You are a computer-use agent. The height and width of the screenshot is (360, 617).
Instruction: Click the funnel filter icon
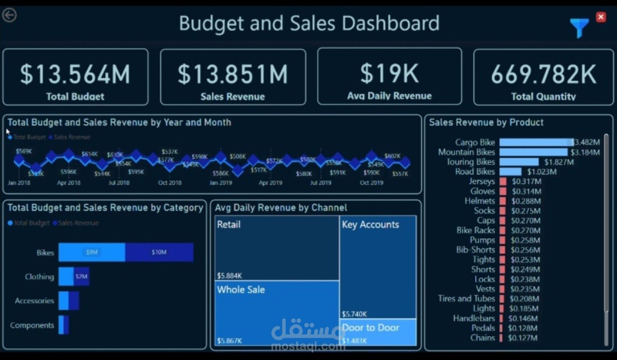point(579,27)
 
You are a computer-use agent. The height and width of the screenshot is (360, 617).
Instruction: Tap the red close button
point(600,17)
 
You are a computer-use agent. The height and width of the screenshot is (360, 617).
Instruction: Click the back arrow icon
point(9,15)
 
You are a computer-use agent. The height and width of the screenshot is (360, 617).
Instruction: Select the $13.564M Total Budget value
point(75,74)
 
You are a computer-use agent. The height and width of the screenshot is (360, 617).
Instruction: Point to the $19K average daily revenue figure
point(389,74)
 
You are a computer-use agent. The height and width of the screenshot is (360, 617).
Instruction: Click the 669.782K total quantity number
point(543,74)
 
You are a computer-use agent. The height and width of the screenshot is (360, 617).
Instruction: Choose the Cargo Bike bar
point(536,142)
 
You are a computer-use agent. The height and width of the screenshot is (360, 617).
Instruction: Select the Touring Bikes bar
point(519,162)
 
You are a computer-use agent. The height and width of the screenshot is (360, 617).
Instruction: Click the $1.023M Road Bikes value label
point(542,171)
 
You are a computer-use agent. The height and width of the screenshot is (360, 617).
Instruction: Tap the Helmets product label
point(479,201)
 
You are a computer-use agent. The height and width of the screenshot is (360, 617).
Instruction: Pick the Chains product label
point(482,338)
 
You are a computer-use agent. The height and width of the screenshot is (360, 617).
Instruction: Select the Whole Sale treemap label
point(241,290)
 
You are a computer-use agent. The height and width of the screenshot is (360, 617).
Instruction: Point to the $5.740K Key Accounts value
point(355,314)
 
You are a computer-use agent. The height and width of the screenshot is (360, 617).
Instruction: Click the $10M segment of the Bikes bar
point(159,252)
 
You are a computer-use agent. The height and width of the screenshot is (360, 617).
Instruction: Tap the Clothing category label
point(39,277)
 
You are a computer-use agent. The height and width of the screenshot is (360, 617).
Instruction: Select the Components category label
point(32,325)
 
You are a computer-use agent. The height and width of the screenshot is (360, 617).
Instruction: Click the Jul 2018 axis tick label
point(119,183)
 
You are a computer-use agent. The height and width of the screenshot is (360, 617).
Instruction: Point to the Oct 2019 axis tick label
point(371,183)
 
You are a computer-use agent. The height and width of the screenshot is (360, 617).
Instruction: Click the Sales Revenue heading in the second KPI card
point(233,97)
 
